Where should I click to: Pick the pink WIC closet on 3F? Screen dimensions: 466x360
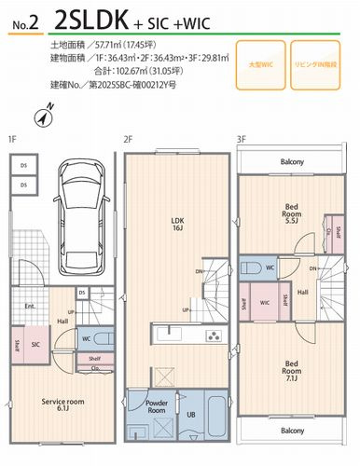coord(266,302)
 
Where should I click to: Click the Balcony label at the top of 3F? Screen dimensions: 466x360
coord(292,162)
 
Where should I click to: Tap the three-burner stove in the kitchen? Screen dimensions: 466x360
coord(212,336)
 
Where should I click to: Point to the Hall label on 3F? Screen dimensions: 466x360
coord(303,292)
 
